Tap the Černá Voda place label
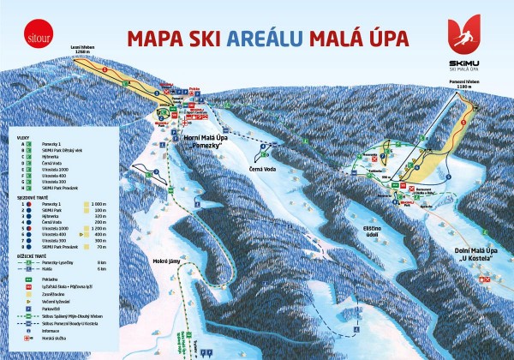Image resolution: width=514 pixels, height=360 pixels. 261,166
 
